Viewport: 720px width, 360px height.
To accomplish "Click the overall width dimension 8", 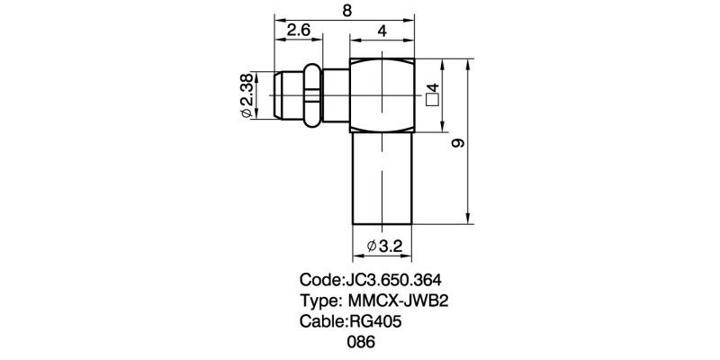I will pos(345,10).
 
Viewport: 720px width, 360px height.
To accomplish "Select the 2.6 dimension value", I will pos(298,31).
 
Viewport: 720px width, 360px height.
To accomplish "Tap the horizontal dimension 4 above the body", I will pos(382,31).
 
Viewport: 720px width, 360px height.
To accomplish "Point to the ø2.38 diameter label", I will pos(247,95).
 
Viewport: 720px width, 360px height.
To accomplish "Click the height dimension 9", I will pos(457,142).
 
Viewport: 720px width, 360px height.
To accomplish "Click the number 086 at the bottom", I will pos(360,342).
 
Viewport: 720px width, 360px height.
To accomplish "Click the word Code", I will pos(319,279).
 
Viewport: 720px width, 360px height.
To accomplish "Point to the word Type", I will pos(318,300).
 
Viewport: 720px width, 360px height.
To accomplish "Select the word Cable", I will pos(321,321).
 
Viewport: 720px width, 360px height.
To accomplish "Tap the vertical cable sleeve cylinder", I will pos(382,178).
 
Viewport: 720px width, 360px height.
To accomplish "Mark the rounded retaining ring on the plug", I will pos(311,94).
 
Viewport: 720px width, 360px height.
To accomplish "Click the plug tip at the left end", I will pos(277,94).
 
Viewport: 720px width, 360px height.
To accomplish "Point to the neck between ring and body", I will pos(335,94).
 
